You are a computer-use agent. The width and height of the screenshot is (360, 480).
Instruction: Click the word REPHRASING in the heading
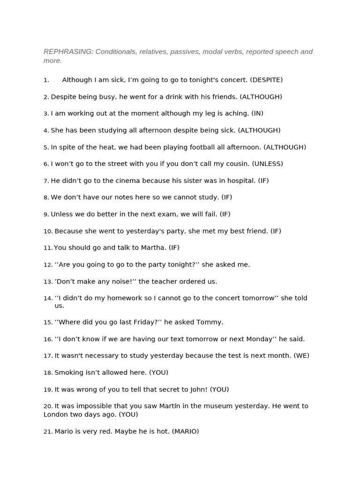pyautogui.click(x=68, y=52)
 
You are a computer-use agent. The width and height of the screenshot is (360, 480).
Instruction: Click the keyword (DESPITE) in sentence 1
pyautogui.click(x=266, y=80)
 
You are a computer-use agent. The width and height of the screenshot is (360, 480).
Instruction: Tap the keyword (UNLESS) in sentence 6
pyautogui.click(x=267, y=164)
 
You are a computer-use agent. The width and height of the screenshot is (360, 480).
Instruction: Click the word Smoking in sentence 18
pyautogui.click(x=68, y=373)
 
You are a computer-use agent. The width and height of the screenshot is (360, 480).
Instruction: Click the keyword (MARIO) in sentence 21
pyautogui.click(x=185, y=431)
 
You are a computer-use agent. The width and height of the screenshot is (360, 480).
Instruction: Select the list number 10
pyautogui.click(x=48, y=231)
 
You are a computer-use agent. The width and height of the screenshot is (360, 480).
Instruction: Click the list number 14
pyautogui.click(x=48, y=298)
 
